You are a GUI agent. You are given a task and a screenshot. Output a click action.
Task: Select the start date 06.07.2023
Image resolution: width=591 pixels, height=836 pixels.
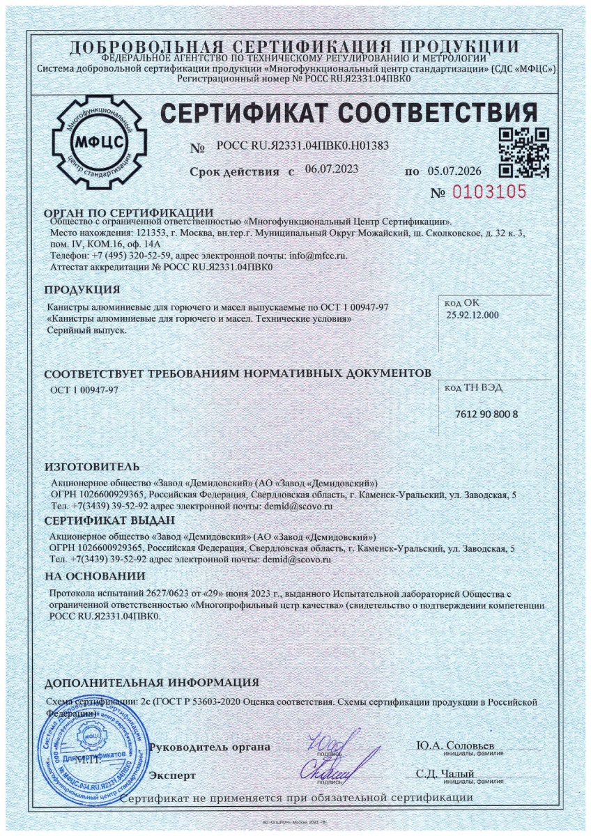tap(330, 169)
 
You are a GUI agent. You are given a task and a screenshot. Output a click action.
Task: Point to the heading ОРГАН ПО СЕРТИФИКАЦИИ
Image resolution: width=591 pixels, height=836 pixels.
tap(128, 212)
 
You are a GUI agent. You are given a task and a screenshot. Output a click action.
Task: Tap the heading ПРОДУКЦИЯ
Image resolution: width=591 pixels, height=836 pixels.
tap(82, 289)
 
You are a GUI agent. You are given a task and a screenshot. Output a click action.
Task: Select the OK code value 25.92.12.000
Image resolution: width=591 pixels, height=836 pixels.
tap(473, 315)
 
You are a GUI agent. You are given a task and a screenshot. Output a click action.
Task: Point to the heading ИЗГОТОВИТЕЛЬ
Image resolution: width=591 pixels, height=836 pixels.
tap(92, 466)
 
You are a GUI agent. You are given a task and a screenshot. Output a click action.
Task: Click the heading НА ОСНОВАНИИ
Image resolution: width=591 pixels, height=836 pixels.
tap(95, 575)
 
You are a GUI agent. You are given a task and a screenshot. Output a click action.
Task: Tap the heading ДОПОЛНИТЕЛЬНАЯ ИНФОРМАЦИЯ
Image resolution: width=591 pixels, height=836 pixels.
tap(151, 682)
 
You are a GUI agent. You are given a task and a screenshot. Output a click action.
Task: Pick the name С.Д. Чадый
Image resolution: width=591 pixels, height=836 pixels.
tap(445, 774)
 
